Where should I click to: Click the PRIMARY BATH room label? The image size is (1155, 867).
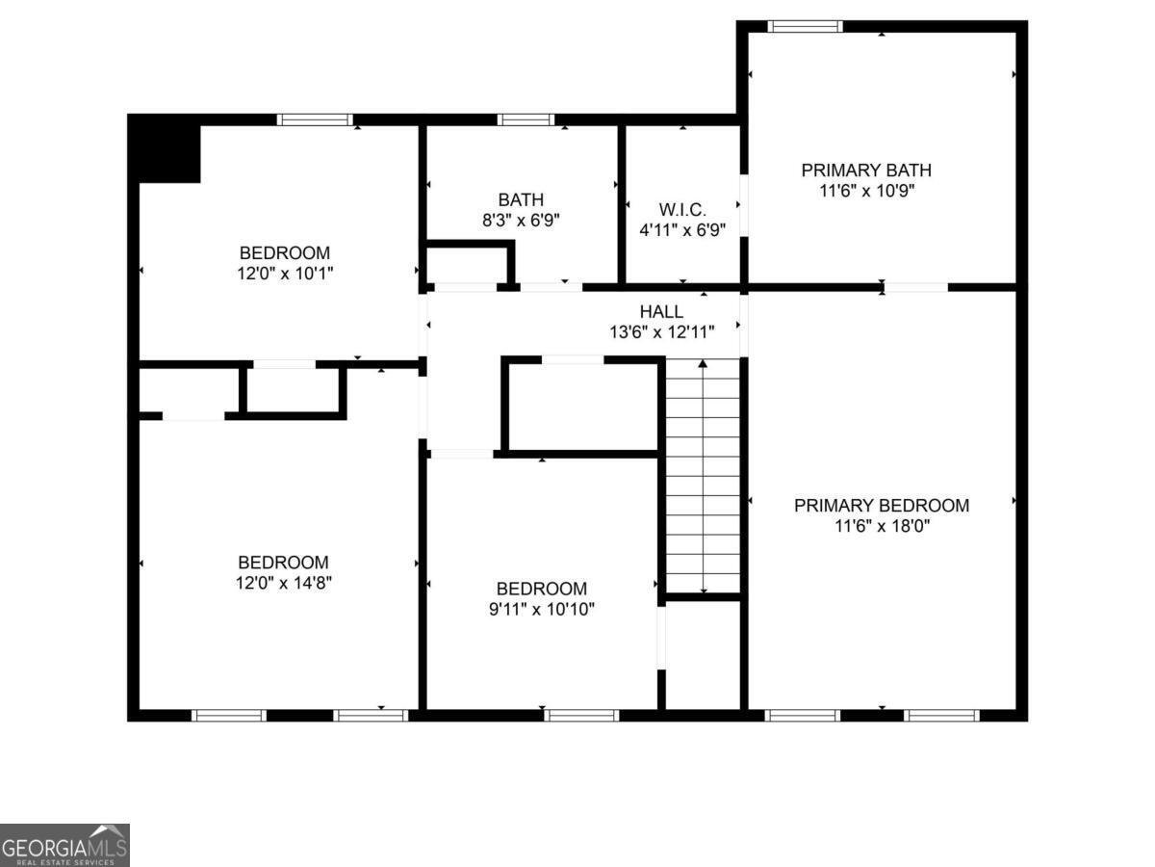coord(866,171)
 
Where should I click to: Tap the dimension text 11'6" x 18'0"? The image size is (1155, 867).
coord(882,525)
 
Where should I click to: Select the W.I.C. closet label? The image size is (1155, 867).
coord(682,209)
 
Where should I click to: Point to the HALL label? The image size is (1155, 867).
coord(661,311)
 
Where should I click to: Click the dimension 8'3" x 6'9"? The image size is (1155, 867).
coord(521,220)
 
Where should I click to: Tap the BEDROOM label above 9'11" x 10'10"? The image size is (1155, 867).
coord(542,588)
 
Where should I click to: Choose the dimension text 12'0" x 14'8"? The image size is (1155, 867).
coord(284,583)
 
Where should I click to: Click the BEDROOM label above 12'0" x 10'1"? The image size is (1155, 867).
coord(285,252)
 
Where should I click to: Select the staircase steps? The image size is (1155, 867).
coord(703,476)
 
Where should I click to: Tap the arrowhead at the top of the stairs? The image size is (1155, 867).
coord(703,363)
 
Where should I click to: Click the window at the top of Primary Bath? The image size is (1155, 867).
coord(805,26)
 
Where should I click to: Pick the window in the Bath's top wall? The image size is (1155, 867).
coord(526,119)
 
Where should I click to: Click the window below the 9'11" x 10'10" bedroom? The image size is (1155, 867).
coord(581,715)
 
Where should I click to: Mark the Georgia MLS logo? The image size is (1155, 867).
coord(64,846)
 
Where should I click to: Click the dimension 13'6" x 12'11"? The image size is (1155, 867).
coord(662,331)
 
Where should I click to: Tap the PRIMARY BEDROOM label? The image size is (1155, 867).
coord(882,505)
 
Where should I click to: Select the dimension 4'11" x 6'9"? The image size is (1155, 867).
coord(682,229)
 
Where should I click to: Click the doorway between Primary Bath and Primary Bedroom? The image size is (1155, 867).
coord(915,287)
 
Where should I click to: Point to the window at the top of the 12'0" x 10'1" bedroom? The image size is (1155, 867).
coord(315,119)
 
